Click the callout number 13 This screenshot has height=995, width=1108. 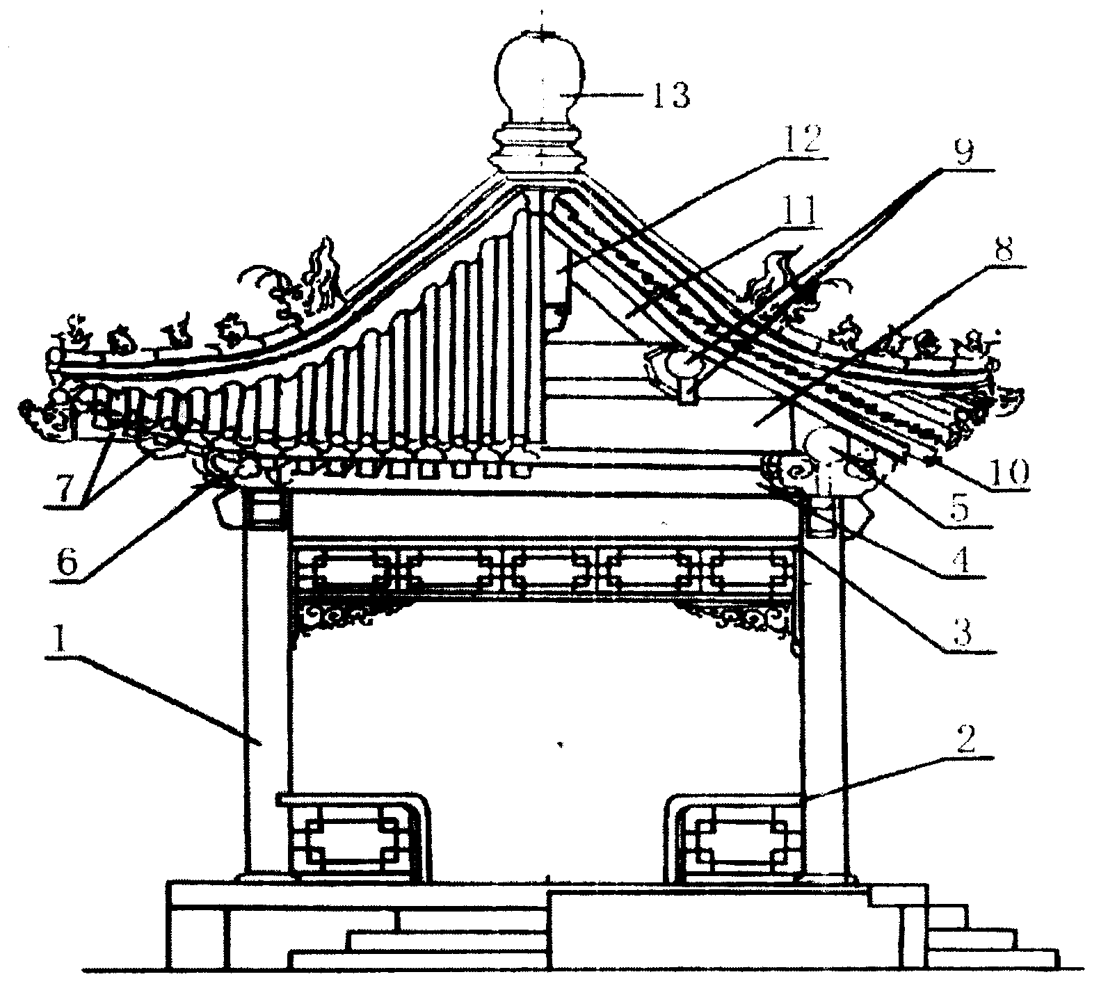point(669,95)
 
